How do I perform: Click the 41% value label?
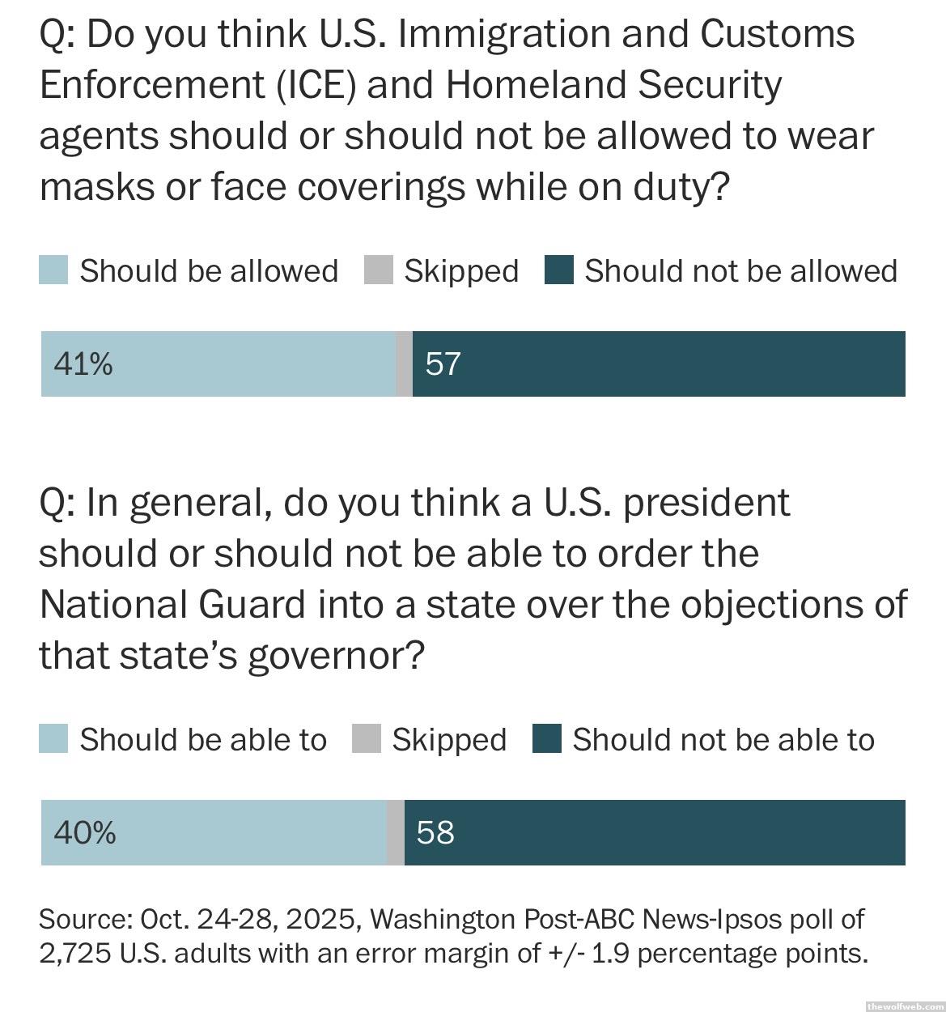click(x=83, y=364)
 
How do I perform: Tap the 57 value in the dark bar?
click(x=443, y=364)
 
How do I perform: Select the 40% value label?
click(x=84, y=832)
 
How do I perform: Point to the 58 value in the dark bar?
click(x=435, y=832)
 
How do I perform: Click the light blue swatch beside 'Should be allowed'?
click(x=53, y=270)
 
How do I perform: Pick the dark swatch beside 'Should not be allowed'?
click(x=559, y=270)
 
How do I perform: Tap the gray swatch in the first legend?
click(x=378, y=270)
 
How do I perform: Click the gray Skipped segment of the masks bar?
click(x=404, y=364)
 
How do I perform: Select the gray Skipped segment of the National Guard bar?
click(x=396, y=832)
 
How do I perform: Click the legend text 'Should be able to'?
click(x=203, y=739)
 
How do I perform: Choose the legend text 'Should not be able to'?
click(x=723, y=739)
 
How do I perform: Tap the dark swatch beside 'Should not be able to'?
click(x=547, y=739)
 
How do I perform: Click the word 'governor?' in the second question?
click(x=336, y=655)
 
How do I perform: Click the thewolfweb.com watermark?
click(x=904, y=1006)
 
